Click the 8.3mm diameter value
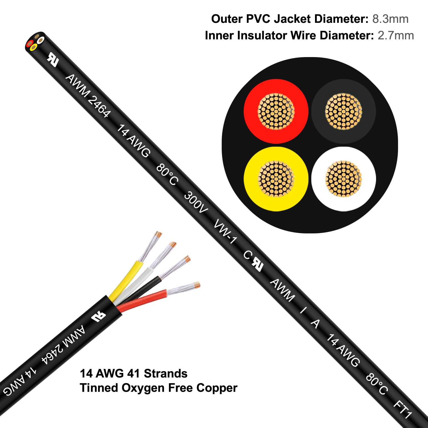(390, 19)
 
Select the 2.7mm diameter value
(395, 36)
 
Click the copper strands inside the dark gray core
(344, 111)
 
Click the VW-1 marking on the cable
(225, 231)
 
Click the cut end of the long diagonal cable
(35, 42)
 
